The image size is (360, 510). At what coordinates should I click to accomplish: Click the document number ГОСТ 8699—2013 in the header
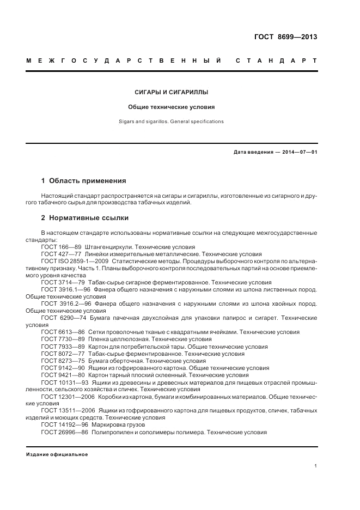pyautogui.click(x=285, y=38)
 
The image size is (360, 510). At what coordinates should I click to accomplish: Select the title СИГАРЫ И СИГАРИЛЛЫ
pyautogui.click(x=172, y=93)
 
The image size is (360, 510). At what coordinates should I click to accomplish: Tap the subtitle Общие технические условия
pyautogui.click(x=172, y=107)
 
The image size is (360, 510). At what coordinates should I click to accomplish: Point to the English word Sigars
pyautogui.click(x=127, y=122)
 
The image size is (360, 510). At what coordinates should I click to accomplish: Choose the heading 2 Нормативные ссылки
pyautogui.click(x=84, y=218)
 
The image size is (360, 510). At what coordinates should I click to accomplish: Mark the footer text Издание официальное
pyautogui.click(x=57, y=454)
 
